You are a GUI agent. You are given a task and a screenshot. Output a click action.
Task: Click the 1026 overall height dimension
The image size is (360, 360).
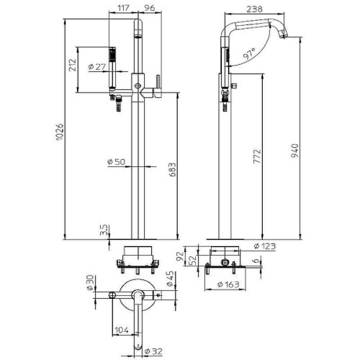point(59,132)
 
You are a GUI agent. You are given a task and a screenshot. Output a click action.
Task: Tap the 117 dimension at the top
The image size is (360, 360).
point(124,8)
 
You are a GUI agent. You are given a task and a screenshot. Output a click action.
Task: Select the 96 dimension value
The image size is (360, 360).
point(150,8)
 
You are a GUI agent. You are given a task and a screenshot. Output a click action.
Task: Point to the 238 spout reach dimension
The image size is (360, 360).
point(254,9)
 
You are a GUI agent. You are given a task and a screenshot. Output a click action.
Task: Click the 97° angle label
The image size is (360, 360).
point(249,54)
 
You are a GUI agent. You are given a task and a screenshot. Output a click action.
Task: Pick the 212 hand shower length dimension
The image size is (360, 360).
point(73,64)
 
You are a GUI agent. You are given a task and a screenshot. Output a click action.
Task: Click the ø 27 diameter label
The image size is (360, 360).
point(96,67)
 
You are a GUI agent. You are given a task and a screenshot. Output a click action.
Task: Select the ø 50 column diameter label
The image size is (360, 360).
point(117,161)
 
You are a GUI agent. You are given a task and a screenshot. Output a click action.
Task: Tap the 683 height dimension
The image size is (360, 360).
point(172,169)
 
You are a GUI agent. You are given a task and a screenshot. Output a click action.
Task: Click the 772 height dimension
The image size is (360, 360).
point(257,156)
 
